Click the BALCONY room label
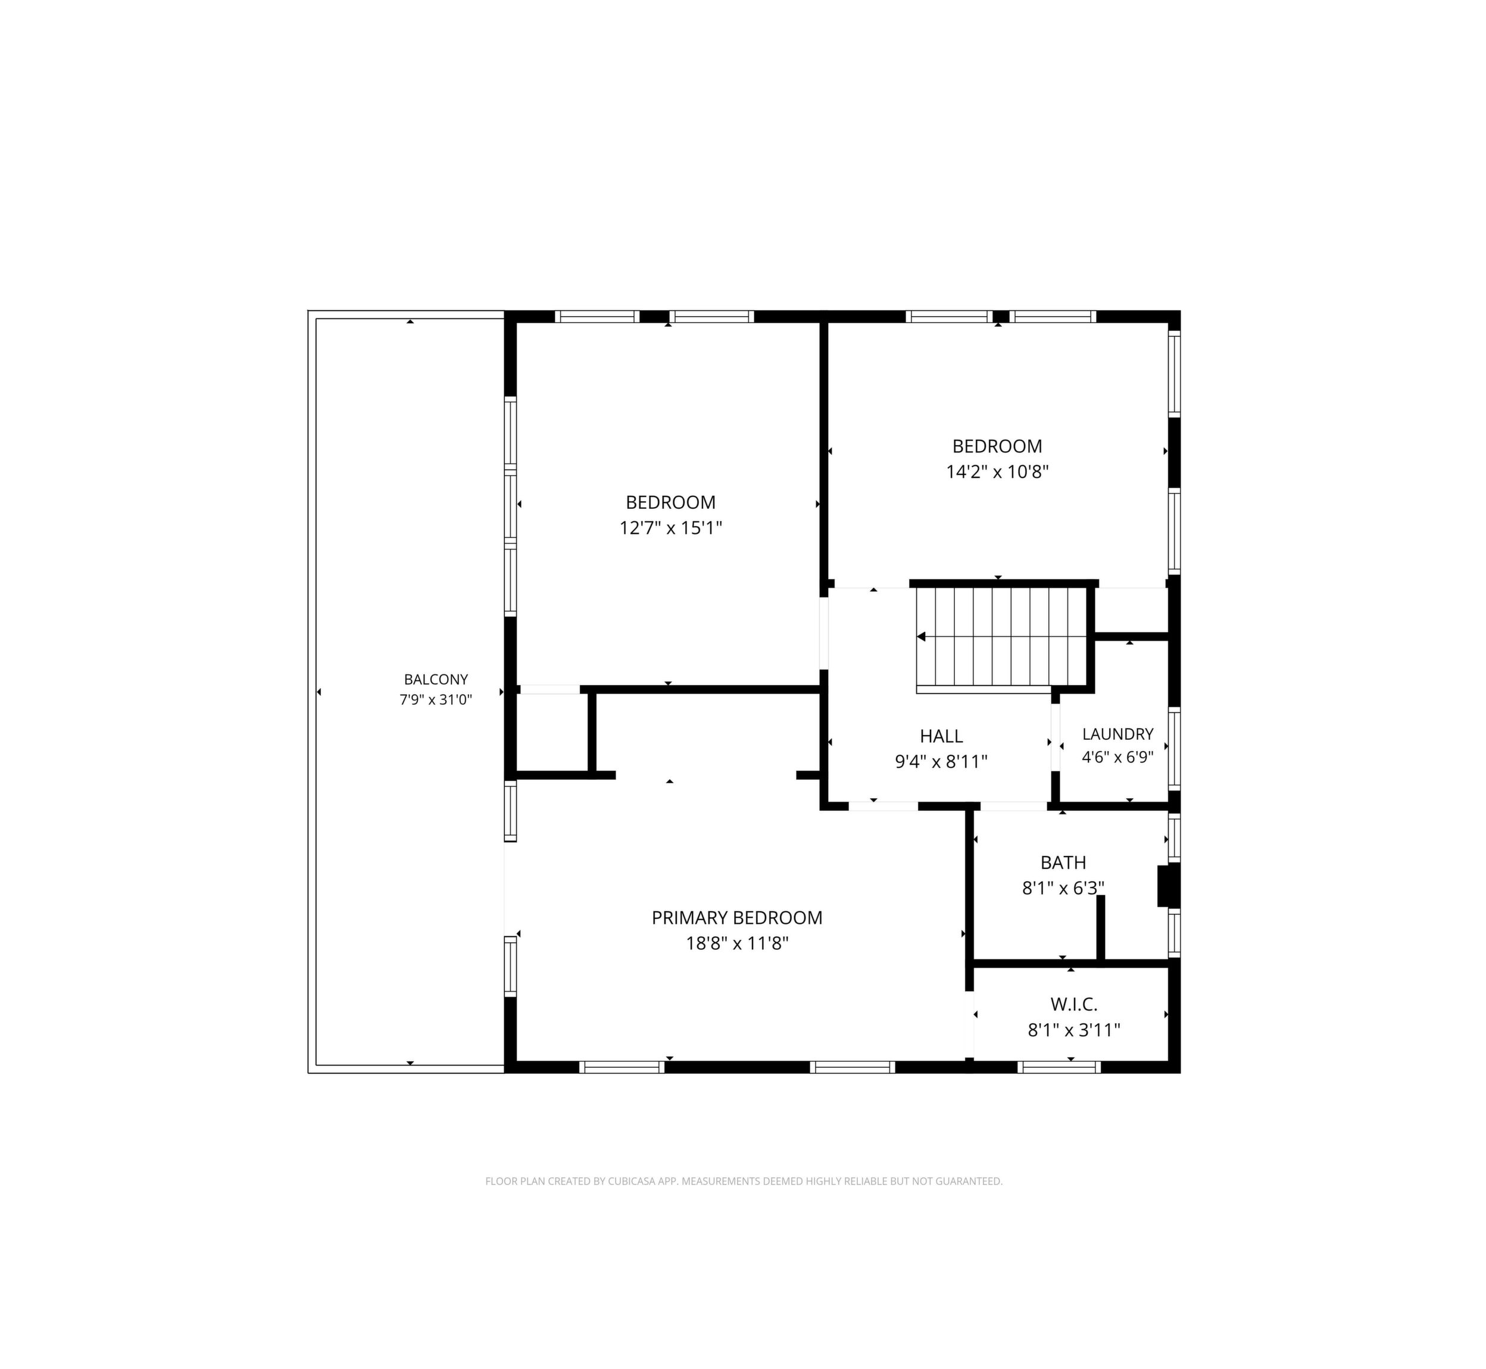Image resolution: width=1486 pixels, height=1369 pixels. point(436,679)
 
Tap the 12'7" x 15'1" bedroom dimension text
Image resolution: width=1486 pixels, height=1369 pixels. point(670,528)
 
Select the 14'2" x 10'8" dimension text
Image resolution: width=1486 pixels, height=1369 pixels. point(997,472)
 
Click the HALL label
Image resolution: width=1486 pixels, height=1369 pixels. point(941,736)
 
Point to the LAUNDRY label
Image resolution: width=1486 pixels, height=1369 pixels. point(1118,734)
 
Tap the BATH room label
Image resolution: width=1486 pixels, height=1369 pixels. point(1063,862)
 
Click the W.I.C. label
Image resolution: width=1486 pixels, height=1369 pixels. point(1073,1005)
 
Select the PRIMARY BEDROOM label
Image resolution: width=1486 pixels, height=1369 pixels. point(737,918)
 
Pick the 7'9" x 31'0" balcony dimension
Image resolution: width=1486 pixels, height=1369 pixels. point(436,699)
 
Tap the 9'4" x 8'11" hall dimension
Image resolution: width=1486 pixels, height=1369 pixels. point(941,761)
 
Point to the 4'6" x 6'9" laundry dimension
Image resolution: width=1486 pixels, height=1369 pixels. point(1118,758)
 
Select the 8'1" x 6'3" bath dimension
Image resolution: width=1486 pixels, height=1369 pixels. point(1063,887)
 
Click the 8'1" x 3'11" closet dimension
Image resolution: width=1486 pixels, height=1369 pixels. point(1073,1030)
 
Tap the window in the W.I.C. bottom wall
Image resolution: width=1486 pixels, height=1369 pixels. point(1059,1067)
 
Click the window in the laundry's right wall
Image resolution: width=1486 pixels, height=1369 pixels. point(1174,749)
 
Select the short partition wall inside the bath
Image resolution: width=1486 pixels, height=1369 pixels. point(1100,929)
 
